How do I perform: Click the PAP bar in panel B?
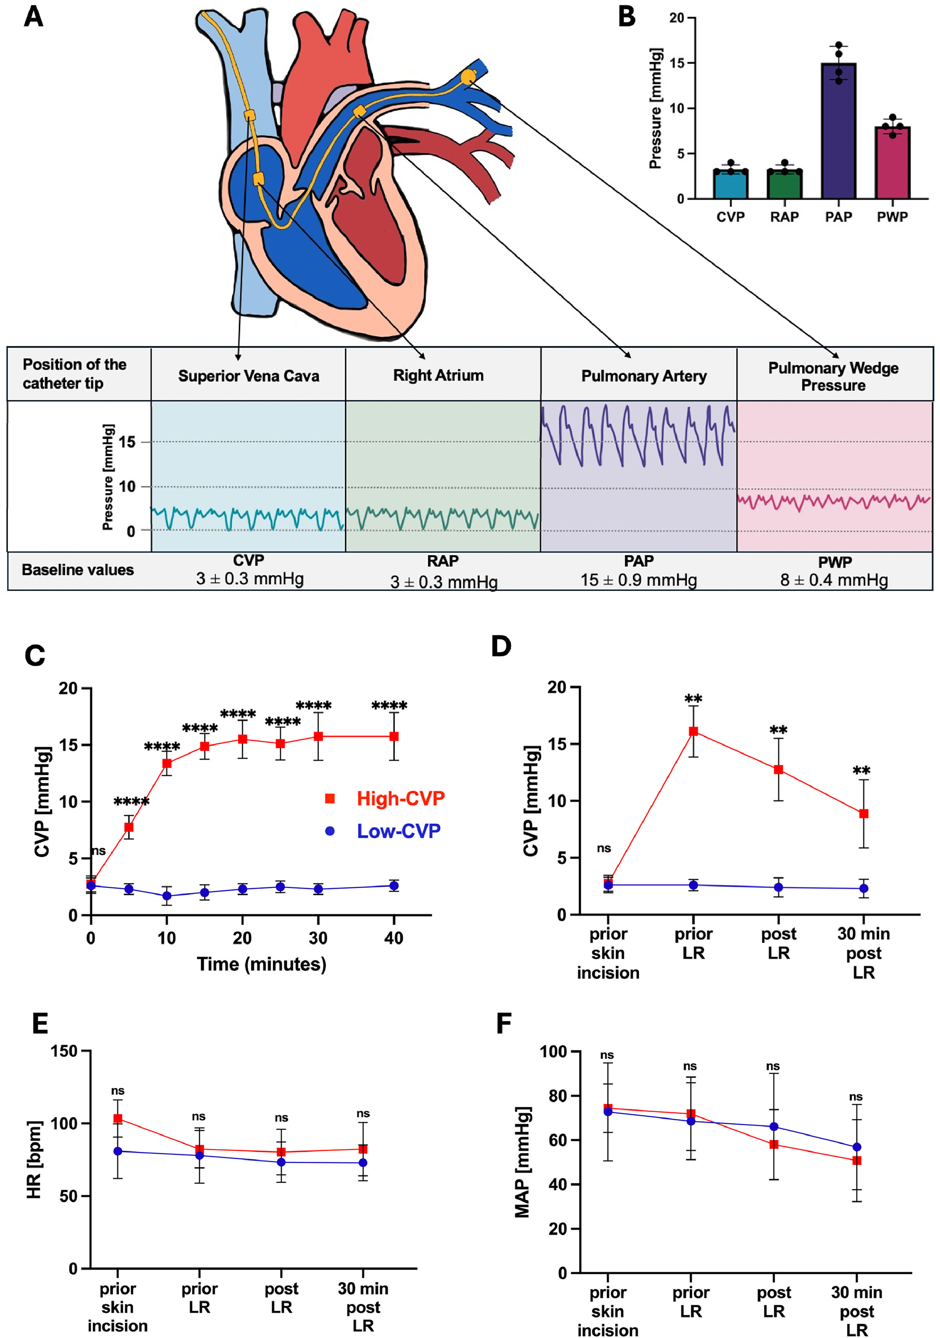pyautogui.click(x=838, y=131)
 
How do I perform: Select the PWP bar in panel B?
pyautogui.click(x=892, y=163)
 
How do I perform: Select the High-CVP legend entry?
pyautogui.click(x=385, y=798)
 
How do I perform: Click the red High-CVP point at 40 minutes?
pyautogui.click(x=394, y=737)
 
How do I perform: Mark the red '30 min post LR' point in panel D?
pyautogui.click(x=864, y=814)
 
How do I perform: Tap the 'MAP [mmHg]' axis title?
pyautogui.click(x=523, y=1162)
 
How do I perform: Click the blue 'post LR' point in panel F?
pyautogui.click(x=774, y=1127)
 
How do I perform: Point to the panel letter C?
pyautogui.click(x=35, y=656)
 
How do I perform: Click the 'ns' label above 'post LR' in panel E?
pyautogui.click(x=281, y=1118)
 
